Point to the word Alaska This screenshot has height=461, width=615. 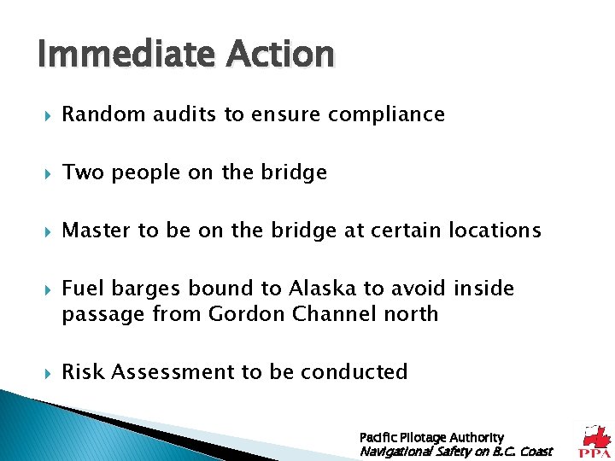click(x=319, y=289)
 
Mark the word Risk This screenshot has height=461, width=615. click(x=83, y=372)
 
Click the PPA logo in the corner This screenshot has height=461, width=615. click(x=595, y=441)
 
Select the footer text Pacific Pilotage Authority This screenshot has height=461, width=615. click(x=431, y=437)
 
